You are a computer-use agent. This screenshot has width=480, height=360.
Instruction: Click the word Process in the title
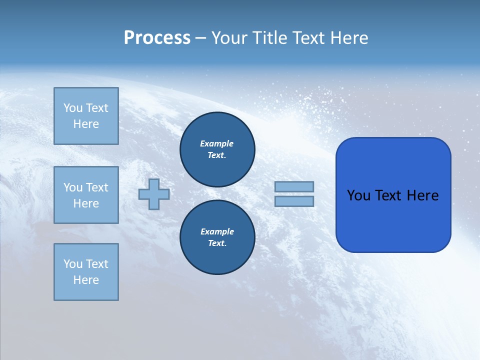157,38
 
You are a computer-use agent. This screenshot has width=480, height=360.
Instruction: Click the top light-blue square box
86,116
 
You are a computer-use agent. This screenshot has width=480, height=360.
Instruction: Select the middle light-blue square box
86,195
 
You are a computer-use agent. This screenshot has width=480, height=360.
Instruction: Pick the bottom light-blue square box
86,271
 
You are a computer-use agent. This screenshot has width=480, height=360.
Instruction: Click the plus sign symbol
154,194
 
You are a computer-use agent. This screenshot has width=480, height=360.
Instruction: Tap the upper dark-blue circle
217,149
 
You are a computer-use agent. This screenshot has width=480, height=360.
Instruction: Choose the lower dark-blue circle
217,237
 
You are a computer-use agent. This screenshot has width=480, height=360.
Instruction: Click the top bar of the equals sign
294,186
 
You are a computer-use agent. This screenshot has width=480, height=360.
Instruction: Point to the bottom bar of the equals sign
294,201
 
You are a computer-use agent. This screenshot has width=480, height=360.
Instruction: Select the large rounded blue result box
393,194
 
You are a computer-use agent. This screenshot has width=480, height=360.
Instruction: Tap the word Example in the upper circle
217,143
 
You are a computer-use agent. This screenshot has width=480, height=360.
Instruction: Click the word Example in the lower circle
217,231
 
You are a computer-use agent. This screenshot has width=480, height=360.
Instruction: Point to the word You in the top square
73,108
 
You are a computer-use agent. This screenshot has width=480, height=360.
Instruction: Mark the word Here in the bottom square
86,280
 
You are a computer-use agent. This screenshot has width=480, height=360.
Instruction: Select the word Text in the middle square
97,187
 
